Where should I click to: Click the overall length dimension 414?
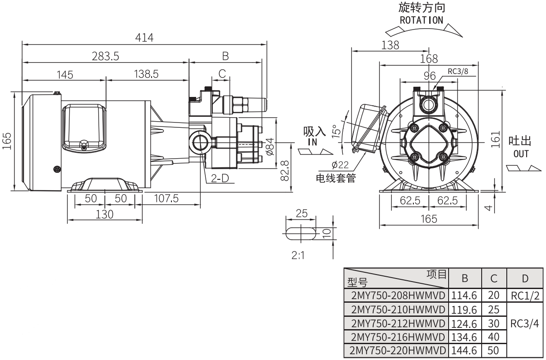(x=144, y=38)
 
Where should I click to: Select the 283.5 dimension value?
(x=105, y=56)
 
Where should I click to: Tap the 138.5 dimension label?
(x=147, y=74)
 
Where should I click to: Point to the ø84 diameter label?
(x=271, y=147)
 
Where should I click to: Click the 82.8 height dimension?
(x=285, y=171)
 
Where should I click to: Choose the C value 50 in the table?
(x=494, y=352)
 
